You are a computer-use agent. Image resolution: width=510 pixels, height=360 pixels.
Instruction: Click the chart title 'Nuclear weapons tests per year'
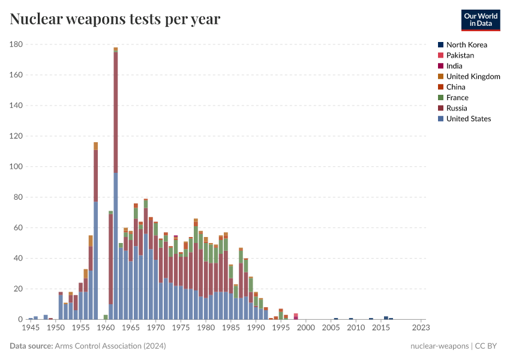[x=115, y=19]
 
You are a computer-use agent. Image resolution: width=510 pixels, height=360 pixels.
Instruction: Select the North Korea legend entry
[x=466, y=45]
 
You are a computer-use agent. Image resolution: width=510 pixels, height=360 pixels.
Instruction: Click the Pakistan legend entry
[x=460, y=55]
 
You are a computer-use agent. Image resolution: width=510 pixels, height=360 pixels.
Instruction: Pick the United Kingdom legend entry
[x=473, y=76]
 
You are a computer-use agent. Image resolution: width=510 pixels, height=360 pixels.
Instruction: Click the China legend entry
[x=455, y=87]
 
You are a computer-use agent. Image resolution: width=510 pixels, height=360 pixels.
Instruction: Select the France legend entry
[x=457, y=98]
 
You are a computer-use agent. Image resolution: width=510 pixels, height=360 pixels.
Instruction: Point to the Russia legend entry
[x=457, y=108]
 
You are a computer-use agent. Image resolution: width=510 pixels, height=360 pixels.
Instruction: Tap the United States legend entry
[x=468, y=119]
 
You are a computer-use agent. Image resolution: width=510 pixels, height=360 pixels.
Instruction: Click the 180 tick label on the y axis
[x=17, y=44]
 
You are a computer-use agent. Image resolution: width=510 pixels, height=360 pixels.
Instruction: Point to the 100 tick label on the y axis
[x=17, y=167]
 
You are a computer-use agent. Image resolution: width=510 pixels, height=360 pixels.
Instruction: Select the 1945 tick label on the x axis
[x=31, y=328]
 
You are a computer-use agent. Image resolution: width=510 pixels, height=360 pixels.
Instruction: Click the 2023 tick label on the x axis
[x=421, y=328]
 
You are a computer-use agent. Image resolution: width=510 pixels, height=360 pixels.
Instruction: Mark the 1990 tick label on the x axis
[x=256, y=328]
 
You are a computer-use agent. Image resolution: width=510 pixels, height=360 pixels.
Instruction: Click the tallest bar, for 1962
[x=116, y=180]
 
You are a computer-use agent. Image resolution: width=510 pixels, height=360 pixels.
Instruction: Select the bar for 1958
[x=95, y=240]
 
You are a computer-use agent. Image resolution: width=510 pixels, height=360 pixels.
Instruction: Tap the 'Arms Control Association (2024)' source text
[x=110, y=346]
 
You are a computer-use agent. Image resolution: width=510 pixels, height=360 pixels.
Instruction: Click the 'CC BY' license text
[x=488, y=346]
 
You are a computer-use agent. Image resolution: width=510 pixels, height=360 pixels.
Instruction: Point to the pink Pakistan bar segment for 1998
[x=296, y=315]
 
